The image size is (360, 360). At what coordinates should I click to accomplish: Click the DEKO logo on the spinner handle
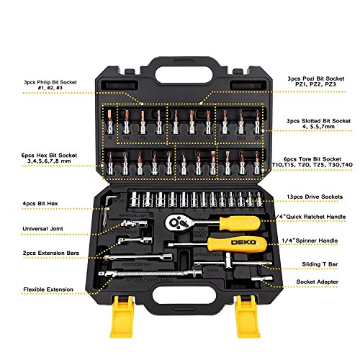(x=243, y=243)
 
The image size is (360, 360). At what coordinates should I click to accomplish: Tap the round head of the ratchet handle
(x=175, y=222)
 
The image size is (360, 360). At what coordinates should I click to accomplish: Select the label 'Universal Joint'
(x=42, y=229)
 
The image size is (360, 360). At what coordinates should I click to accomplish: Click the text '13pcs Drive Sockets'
(x=315, y=197)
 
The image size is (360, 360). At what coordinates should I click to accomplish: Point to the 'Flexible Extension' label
(x=48, y=289)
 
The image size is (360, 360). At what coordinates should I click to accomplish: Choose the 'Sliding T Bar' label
(x=320, y=264)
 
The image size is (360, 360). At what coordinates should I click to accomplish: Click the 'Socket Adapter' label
(x=318, y=282)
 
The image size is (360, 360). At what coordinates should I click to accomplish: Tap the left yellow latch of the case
(x=122, y=316)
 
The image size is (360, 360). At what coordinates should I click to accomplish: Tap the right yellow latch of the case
(x=248, y=316)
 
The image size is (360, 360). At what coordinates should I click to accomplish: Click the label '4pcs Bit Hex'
(x=40, y=204)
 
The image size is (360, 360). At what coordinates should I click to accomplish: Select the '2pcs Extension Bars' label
(x=51, y=253)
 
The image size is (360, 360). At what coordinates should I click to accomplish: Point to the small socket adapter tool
(x=262, y=279)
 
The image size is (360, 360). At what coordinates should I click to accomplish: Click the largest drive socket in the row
(x=135, y=199)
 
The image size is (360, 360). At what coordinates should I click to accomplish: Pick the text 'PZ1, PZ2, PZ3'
(x=315, y=84)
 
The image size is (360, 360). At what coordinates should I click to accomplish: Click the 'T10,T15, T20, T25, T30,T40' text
(x=312, y=165)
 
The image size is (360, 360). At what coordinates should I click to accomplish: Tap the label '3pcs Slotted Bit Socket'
(x=319, y=121)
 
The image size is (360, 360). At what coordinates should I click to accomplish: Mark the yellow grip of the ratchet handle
(x=240, y=223)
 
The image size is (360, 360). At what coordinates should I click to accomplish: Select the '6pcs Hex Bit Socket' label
(x=49, y=156)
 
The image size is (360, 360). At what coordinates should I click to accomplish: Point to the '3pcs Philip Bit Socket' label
(x=50, y=82)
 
